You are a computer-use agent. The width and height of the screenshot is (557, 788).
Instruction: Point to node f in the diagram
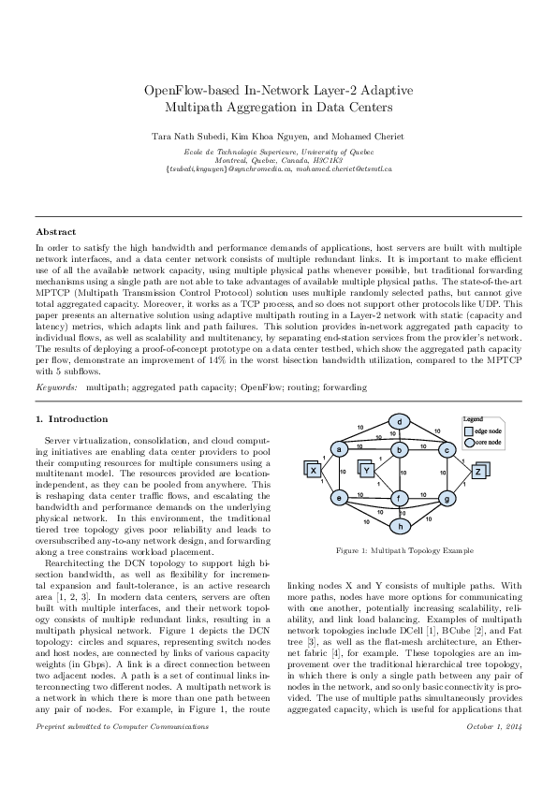tap(400, 498)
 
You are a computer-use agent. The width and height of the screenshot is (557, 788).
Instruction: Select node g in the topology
tap(447, 498)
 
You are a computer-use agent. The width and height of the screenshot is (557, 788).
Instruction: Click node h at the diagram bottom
tap(400, 526)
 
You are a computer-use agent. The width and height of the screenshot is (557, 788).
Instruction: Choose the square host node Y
tap(367, 469)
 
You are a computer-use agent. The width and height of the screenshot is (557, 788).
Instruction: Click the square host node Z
tap(478, 471)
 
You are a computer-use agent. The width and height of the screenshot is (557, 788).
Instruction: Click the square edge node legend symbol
tap(468, 430)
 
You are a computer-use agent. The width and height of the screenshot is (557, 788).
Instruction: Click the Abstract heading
tap(55, 230)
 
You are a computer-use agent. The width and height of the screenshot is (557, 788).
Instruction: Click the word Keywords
tap(56, 386)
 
